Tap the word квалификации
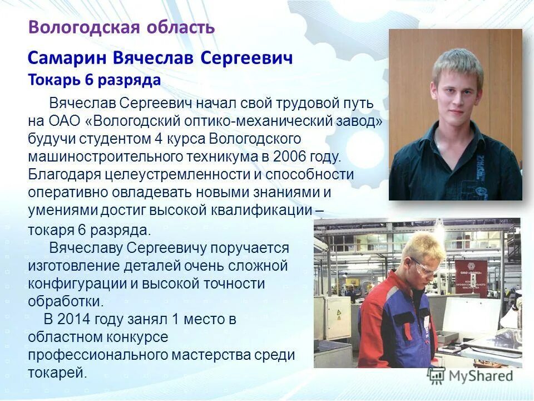click(x=261, y=209)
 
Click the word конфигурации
click(x=77, y=283)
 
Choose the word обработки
click(x=66, y=301)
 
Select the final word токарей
click(x=57, y=373)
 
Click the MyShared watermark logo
click(x=471, y=376)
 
